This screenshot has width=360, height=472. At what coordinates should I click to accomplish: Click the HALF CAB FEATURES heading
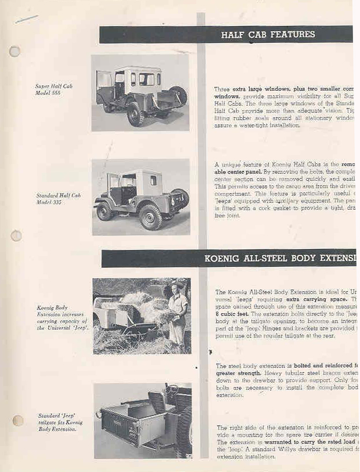(268, 35)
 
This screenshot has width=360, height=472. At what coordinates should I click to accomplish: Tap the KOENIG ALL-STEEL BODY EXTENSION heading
(280, 258)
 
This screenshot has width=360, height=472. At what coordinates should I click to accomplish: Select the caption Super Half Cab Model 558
(54, 90)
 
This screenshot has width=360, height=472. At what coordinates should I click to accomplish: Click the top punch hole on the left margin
(15, 51)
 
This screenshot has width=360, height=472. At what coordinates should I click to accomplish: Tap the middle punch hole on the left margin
(16, 236)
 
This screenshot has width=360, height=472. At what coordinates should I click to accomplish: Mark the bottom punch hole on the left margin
(18, 421)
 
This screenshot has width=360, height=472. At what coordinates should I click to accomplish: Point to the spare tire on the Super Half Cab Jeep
(180, 95)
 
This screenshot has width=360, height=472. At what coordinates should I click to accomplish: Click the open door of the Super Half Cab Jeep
(105, 87)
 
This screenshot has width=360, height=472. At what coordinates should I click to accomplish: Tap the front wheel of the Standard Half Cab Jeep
(105, 211)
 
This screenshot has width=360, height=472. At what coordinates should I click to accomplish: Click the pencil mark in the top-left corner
(26, 19)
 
